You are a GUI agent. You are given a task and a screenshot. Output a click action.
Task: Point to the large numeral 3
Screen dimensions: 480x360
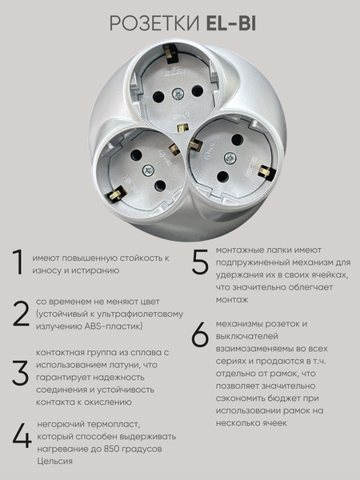coord(19,374)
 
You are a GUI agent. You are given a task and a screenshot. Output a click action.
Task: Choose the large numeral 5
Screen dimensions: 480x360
coord(200,263)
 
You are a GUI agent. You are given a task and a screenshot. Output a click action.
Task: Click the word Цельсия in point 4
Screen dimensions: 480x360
coord(53,462)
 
